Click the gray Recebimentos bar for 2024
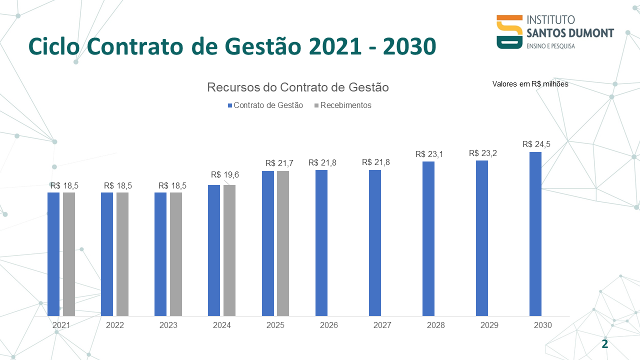[x=229, y=250]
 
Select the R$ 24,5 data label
[x=536, y=144]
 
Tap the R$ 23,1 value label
[x=429, y=154]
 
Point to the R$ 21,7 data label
[x=279, y=163]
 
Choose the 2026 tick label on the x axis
[x=329, y=325]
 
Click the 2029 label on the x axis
[x=489, y=325]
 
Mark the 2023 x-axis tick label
[x=168, y=325]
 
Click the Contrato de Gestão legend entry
[x=265, y=105]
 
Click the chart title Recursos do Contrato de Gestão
[x=298, y=87]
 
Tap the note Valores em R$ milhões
[x=530, y=84]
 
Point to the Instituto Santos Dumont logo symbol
[x=509, y=32]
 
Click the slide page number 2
[x=605, y=344]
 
